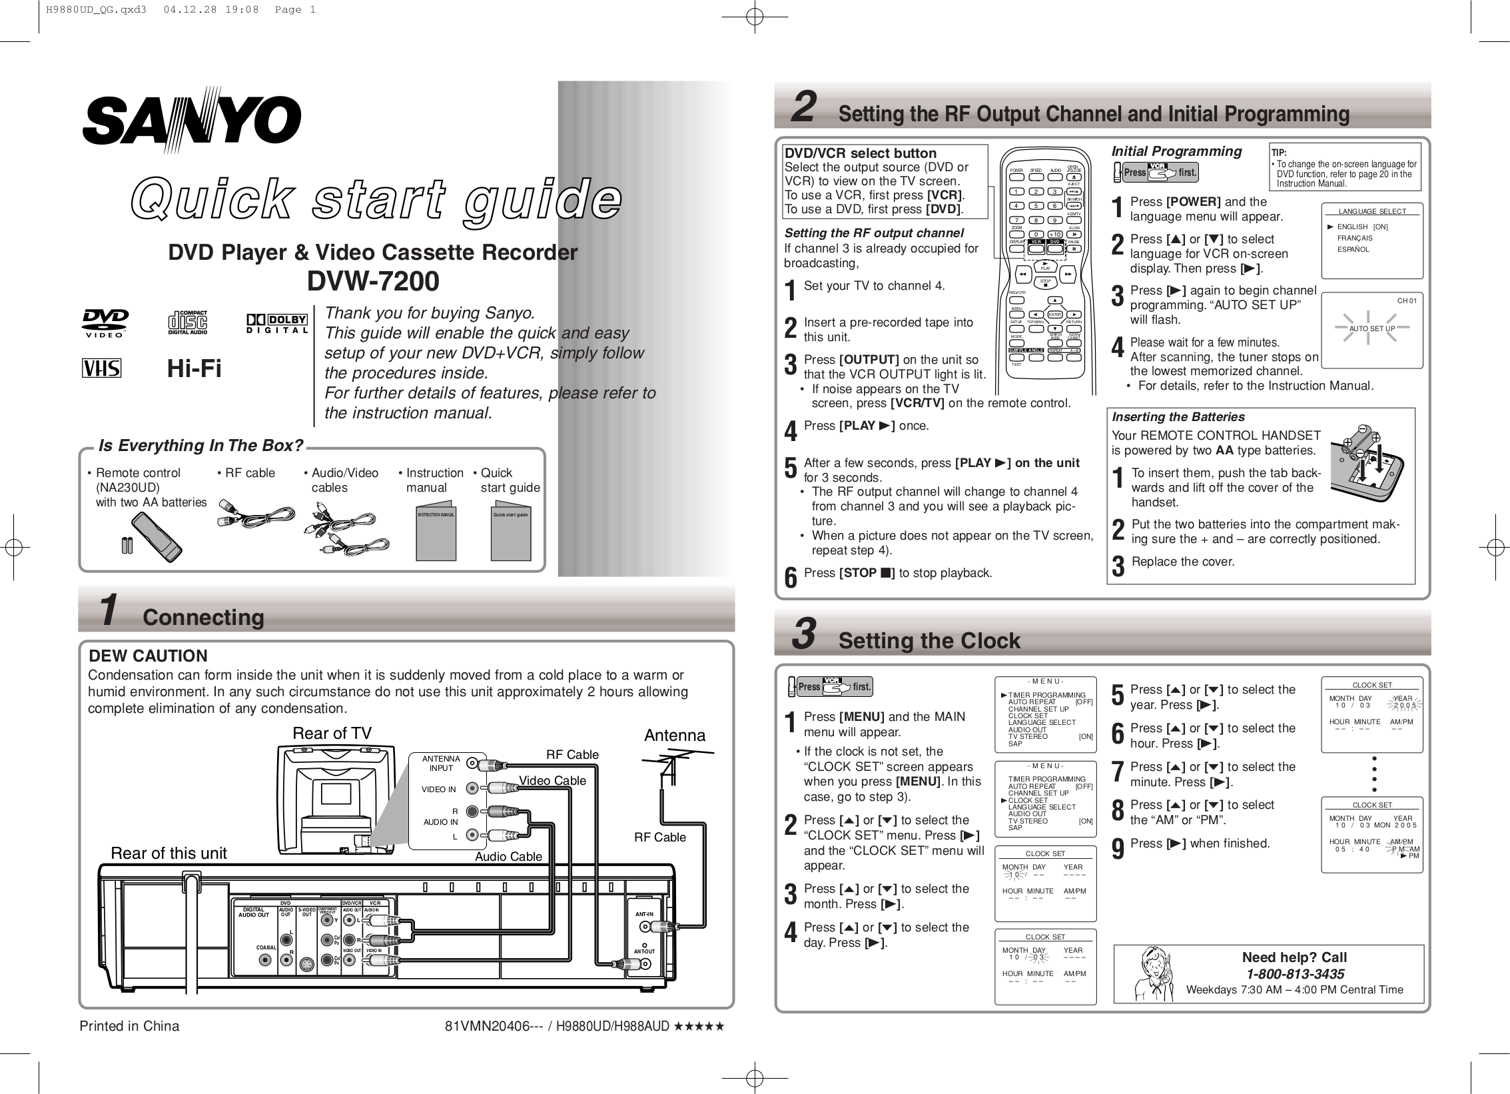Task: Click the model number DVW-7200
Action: pos(373,281)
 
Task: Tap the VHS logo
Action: pos(101,368)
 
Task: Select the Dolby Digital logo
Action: pos(277,324)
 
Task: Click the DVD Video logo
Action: pos(105,323)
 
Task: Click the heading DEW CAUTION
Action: pos(148,656)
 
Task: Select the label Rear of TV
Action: pos(332,734)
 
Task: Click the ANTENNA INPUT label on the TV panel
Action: pos(441,764)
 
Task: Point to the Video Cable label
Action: pos(552,780)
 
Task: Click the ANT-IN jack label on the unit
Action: pos(643,914)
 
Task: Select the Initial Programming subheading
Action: pos(1176,151)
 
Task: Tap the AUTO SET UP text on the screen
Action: pos(1371,328)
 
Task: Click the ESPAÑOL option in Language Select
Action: pos(1353,249)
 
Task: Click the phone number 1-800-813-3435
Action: pos(1294,973)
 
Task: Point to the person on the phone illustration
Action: pos(1154,974)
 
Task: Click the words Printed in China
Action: pos(129,1026)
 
